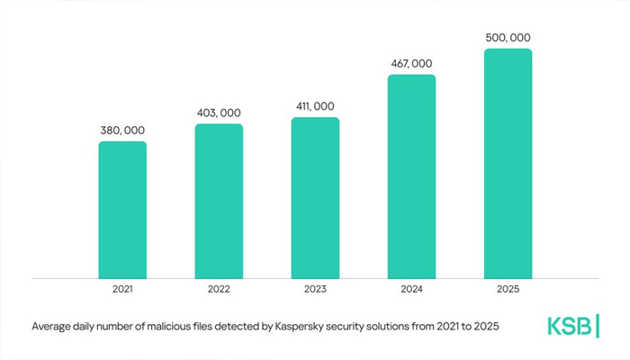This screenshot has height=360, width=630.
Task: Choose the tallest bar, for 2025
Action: [x=508, y=164]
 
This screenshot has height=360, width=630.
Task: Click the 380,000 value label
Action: [x=122, y=130]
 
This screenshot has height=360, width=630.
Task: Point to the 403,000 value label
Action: [x=219, y=112]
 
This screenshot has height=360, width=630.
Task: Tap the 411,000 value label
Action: [x=315, y=107]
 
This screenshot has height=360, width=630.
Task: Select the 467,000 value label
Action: [x=411, y=64]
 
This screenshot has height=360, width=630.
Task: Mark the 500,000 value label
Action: [x=508, y=38]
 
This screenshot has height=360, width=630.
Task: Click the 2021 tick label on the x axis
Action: [x=122, y=291]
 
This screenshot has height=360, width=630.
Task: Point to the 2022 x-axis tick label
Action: [x=219, y=291]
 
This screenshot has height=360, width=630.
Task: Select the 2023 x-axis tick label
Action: [x=315, y=291]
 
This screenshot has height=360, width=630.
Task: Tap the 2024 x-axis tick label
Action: [x=411, y=291]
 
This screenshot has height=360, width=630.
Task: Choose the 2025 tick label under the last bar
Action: [x=508, y=291]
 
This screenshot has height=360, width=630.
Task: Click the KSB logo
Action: [x=573, y=326]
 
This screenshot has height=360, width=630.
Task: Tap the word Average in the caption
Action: [x=53, y=326]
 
